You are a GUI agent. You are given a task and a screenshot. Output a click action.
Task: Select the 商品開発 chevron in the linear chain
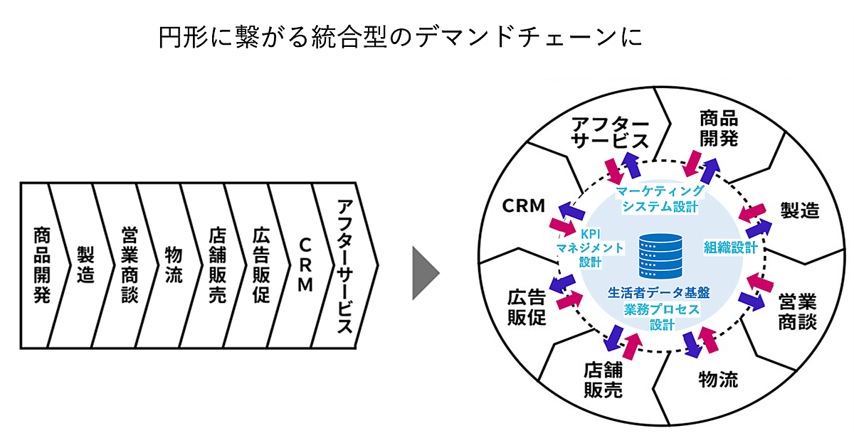[41, 265]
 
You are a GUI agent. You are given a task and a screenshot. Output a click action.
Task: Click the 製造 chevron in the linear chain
[85, 265]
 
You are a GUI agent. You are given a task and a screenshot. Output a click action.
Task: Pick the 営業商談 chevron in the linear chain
[129, 265]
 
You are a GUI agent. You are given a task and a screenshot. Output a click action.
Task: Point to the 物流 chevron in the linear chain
[173, 265]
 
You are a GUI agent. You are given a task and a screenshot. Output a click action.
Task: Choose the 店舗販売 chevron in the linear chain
[217, 265]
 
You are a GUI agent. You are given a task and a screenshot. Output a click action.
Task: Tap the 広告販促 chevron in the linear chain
[260, 265]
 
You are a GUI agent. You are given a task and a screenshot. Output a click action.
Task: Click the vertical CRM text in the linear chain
[305, 265]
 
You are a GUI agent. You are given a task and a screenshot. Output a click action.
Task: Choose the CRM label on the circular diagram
[523, 206]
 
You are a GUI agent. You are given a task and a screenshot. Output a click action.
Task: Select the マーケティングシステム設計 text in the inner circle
[660, 199]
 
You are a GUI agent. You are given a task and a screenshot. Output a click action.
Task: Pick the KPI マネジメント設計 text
[591, 248]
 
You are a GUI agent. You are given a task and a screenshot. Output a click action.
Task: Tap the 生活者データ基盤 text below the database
[659, 292]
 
